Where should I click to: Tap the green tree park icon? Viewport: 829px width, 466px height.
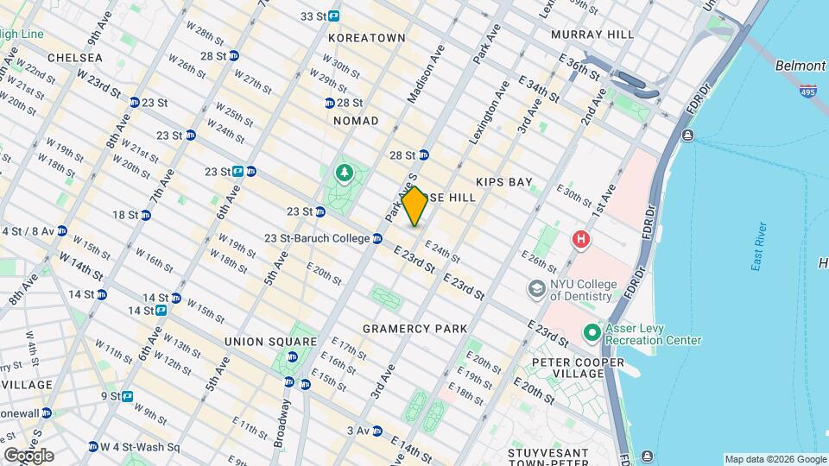345,173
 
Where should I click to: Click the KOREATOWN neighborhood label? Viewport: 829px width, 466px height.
367,39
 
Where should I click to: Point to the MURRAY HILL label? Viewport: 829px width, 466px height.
592,35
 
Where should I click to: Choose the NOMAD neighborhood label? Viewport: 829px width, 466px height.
356,121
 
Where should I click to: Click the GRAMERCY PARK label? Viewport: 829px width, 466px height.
414,329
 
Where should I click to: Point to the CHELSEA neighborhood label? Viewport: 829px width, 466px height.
75,58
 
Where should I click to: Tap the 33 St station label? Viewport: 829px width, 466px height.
313,16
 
